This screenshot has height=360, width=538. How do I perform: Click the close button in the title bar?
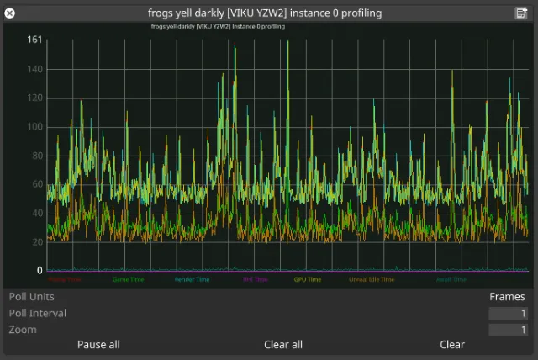tap(10, 13)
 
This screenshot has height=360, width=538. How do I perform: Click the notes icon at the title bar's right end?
tap(521, 13)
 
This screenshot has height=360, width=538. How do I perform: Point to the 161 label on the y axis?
tap(34, 40)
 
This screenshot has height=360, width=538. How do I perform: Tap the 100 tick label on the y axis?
tap(34, 127)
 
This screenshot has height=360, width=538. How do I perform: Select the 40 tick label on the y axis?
tap(37, 214)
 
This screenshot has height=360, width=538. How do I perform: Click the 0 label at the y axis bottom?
tap(40, 271)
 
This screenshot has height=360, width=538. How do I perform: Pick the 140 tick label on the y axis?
tap(34, 70)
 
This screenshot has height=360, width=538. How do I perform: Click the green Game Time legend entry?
tap(128, 280)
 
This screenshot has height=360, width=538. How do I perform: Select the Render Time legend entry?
tap(192, 280)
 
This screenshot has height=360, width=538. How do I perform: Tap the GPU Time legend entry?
tap(307, 280)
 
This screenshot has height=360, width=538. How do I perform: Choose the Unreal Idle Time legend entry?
tap(371, 280)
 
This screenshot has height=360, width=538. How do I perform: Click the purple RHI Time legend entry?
tap(255, 280)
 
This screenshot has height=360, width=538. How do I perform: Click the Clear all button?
tap(283, 345)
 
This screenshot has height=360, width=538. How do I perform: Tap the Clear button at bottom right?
tap(451, 345)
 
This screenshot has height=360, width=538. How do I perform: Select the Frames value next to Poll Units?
tap(507, 297)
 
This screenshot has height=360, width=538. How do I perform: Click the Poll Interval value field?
tap(508, 314)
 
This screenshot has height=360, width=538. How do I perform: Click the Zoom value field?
tap(508, 330)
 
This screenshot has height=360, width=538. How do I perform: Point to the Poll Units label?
tap(32, 297)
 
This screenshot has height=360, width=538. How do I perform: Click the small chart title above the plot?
tap(217, 27)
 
